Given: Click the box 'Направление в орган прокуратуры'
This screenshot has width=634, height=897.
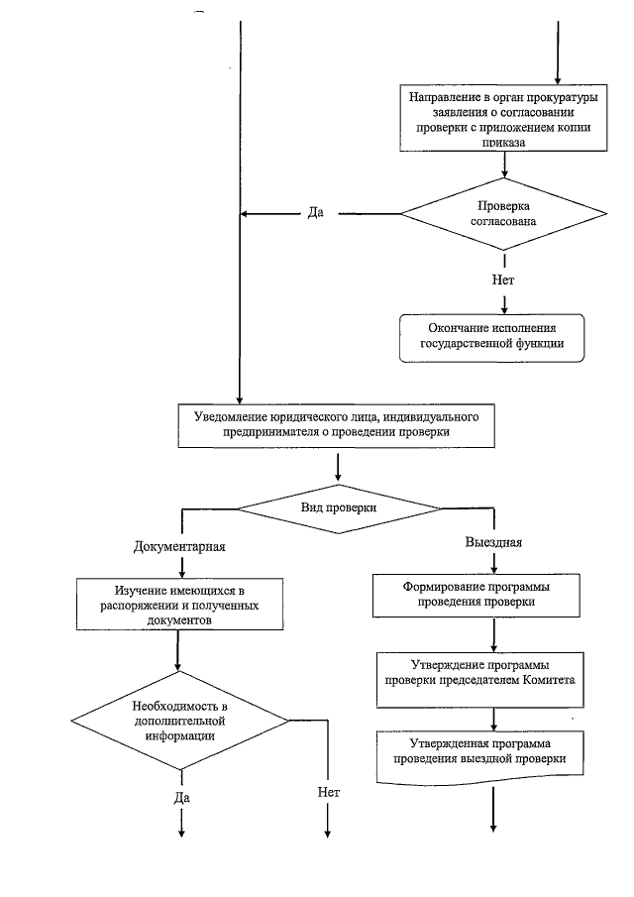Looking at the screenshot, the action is pyautogui.click(x=503, y=118).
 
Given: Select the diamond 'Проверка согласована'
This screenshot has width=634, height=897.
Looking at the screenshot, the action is pyautogui.click(x=503, y=214).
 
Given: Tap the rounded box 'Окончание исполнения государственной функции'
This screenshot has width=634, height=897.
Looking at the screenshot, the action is pyautogui.click(x=491, y=338).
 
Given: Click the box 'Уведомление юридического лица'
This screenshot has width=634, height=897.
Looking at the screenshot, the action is pyautogui.click(x=336, y=426).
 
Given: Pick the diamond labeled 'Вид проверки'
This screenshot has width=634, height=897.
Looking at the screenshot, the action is pyautogui.click(x=339, y=508).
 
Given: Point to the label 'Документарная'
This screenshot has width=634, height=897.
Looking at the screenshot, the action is pyautogui.click(x=179, y=546).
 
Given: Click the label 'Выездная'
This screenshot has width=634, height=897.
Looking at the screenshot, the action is pyautogui.click(x=494, y=542).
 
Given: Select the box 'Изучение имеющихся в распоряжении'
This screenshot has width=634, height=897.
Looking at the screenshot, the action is pyautogui.click(x=179, y=605).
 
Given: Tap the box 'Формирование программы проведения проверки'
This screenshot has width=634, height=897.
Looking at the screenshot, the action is pyautogui.click(x=476, y=596).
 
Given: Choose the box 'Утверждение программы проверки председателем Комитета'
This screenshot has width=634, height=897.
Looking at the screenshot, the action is pyautogui.click(x=480, y=680).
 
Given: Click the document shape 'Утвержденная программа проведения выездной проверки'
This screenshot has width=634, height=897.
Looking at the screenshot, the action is pyautogui.click(x=480, y=756).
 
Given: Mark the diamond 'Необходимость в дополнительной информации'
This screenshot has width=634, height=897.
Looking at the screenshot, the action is pyautogui.click(x=180, y=721).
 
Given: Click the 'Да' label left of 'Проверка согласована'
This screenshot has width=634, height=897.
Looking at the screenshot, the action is pyautogui.click(x=316, y=213).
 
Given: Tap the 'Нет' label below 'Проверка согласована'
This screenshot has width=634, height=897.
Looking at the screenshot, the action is pyautogui.click(x=503, y=280).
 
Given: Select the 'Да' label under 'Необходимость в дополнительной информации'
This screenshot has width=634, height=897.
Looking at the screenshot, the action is pyautogui.click(x=182, y=798).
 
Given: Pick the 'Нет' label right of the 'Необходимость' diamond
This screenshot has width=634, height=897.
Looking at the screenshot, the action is pyautogui.click(x=329, y=792).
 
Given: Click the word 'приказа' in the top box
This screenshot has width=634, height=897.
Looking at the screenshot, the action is pyautogui.click(x=503, y=143).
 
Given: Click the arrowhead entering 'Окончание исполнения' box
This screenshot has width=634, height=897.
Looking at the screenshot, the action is pyautogui.click(x=504, y=309).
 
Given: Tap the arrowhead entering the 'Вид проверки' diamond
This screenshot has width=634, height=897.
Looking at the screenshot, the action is pyautogui.click(x=338, y=477).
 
